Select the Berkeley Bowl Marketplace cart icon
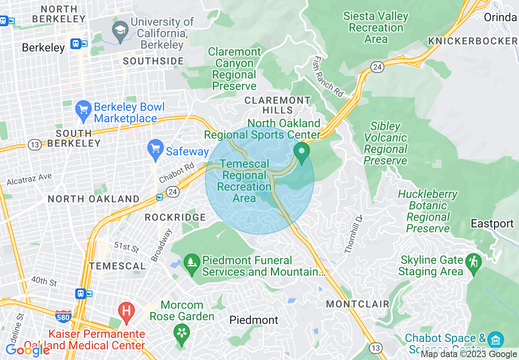point(83,110)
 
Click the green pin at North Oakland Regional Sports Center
point(302,151)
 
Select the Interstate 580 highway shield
point(63,316)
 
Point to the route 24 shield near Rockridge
point(172,191)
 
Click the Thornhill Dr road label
point(354,234)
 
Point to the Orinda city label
point(500,18)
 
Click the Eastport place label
point(492,224)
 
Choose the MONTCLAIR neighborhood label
point(357,304)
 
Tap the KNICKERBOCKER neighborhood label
point(473,41)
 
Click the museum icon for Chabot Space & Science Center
point(496,340)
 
